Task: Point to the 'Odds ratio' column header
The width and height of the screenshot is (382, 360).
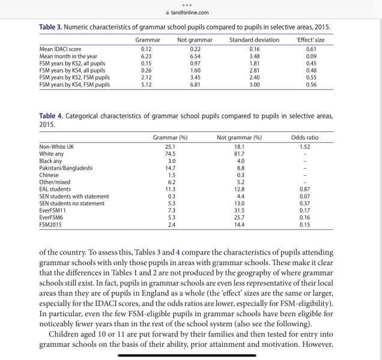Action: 305,137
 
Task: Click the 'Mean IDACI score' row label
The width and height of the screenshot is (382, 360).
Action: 60,49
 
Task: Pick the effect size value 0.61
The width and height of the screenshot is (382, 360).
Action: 311,49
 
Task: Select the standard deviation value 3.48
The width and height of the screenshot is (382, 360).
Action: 254,56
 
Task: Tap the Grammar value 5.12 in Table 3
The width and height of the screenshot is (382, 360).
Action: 146,85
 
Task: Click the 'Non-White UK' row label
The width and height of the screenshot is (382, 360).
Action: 57,146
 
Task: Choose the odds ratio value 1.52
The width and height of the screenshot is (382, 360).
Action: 305,146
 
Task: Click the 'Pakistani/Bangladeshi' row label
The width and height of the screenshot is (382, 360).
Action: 66,168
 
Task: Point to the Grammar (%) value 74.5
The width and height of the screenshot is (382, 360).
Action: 171,154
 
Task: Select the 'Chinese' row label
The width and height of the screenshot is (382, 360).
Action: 49,175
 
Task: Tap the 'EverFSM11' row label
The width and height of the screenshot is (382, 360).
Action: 53,211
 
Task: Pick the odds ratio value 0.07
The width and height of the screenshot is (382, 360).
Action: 305,196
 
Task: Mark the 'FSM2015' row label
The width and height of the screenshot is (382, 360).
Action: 50,225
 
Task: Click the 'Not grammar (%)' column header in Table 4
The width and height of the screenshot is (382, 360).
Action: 239,137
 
